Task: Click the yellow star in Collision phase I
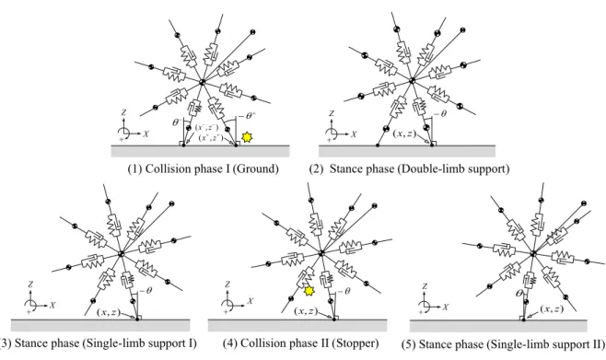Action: tap(247, 137)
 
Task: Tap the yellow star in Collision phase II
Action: tap(309, 290)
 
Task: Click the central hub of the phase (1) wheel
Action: tap(202, 82)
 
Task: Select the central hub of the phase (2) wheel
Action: tap(412, 80)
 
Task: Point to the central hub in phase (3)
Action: tap(121, 253)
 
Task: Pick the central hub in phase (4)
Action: tap(321, 253)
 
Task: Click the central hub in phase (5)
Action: tap(533, 253)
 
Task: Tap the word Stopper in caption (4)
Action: tap(358, 343)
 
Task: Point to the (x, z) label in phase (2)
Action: tap(404, 134)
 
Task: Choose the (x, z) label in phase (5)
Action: tap(552, 309)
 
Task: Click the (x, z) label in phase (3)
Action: tap(109, 312)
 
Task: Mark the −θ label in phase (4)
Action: tap(344, 291)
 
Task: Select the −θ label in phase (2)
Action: tap(440, 114)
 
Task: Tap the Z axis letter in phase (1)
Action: tap(123, 112)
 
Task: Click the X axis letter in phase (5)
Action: tap(445, 308)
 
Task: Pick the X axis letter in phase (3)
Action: tap(52, 306)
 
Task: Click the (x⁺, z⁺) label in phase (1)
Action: tap(211, 137)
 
